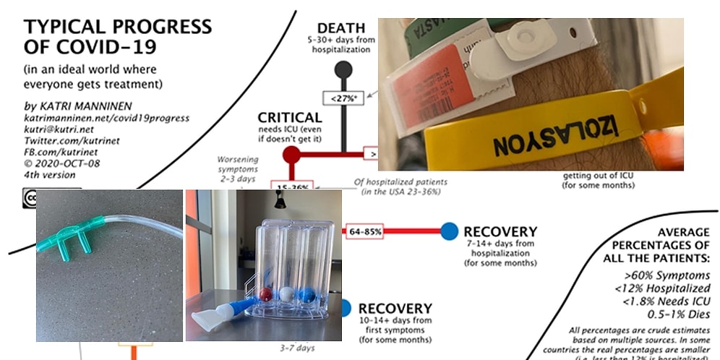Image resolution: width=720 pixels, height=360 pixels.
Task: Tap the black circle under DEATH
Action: click(343, 69)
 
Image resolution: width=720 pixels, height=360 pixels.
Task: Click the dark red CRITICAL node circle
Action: click(291, 153)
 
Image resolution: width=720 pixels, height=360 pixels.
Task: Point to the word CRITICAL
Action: click(290, 117)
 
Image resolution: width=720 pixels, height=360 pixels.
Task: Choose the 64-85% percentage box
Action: click(365, 231)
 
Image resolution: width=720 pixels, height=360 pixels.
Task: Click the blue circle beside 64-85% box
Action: click(449, 231)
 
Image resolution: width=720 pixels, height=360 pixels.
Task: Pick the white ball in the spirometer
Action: click(288, 295)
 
